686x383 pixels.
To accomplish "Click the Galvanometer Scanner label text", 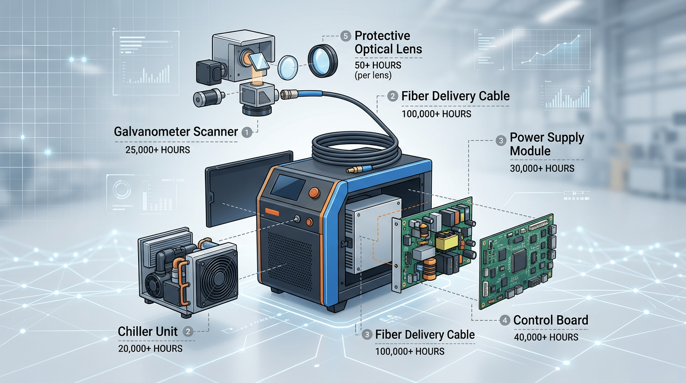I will [175, 132].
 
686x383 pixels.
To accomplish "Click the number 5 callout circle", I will [345, 36].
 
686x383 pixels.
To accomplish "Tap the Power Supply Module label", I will [547, 144].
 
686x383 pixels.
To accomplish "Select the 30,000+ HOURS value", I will [542, 169].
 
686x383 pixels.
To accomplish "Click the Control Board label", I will [550, 320].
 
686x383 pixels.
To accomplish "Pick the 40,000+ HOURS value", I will [546, 338].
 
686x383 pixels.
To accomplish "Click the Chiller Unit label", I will [148, 331].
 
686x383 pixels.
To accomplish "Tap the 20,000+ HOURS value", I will [150, 348].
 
